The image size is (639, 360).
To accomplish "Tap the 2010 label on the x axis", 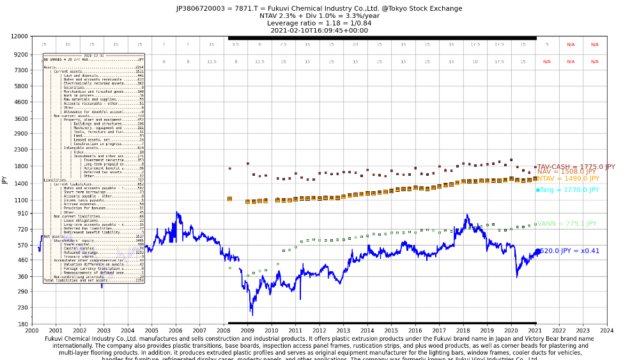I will click(272, 331).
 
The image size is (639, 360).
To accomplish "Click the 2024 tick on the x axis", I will click(607, 331).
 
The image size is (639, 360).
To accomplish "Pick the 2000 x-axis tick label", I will click(32, 331).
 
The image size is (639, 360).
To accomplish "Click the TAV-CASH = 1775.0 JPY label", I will click(576, 166).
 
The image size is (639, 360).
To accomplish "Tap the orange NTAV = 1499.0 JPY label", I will click(567, 179).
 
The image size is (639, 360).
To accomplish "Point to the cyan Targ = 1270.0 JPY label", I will click(569, 190).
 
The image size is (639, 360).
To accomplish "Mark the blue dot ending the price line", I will click(537, 251).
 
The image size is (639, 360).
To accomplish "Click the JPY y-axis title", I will click(5, 180).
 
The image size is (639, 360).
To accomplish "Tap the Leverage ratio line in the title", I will click(319, 23).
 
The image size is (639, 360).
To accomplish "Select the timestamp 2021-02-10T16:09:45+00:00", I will click(319, 30).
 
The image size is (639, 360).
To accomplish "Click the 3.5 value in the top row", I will click(235, 45).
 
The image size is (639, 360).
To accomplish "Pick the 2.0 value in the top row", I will click(355, 45).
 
